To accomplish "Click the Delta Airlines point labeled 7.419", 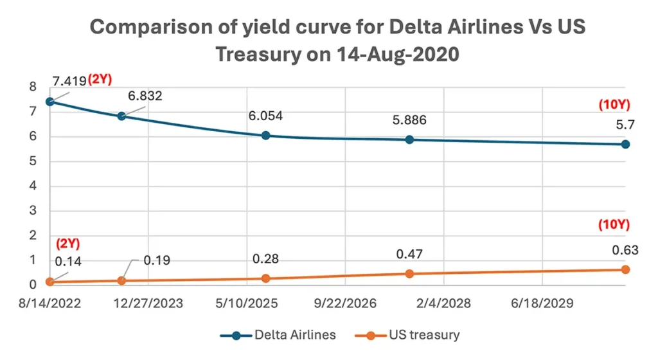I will (49, 102).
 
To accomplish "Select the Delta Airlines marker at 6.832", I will (121, 116).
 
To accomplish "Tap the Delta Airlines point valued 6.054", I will (266, 136).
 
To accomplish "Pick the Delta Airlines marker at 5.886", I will (409, 139).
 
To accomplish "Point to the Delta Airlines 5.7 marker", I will (625, 144).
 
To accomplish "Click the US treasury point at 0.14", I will (49, 282).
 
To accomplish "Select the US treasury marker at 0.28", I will (266, 278).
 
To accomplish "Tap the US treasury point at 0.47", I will (409, 274).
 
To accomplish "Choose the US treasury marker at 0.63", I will (625, 269).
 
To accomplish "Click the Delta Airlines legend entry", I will (278, 335).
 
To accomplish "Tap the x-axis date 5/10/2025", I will (247, 303).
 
